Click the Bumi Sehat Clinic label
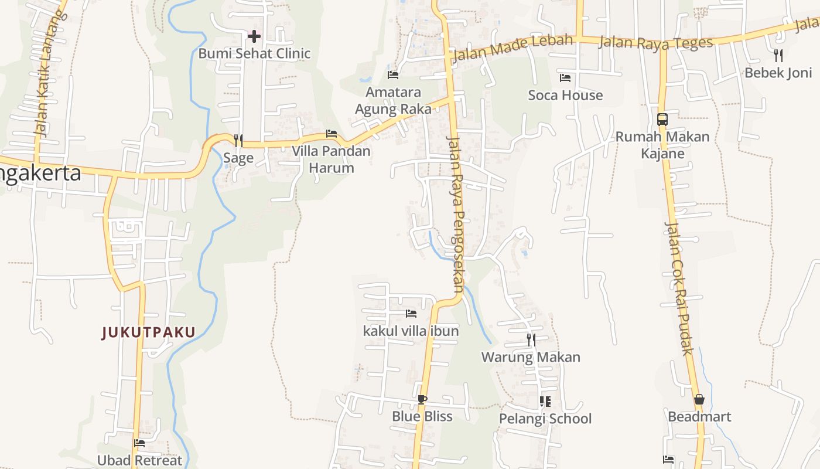pyautogui.click(x=254, y=53)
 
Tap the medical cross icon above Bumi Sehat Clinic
pyautogui.click(x=254, y=36)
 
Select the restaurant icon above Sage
pyautogui.click(x=238, y=140)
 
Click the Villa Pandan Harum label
pyautogui.click(x=332, y=159)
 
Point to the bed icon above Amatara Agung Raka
pyautogui.click(x=393, y=75)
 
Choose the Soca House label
pyautogui.click(x=565, y=95)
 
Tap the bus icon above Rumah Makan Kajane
pyautogui.click(x=662, y=120)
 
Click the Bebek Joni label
pyautogui.click(x=778, y=73)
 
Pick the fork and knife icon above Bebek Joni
pyautogui.click(x=778, y=56)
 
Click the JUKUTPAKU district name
pyautogui.click(x=149, y=333)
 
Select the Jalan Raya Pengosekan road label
pyautogui.click(x=455, y=213)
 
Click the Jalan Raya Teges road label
pyautogui.click(x=656, y=43)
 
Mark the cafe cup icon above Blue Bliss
pyautogui.click(x=422, y=400)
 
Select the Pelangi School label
pyautogui.click(x=545, y=419)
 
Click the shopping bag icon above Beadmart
pyautogui.click(x=699, y=400)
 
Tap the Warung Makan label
pyautogui.click(x=531, y=357)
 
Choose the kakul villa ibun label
pyautogui.click(x=411, y=331)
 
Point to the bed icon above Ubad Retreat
pyautogui.click(x=139, y=443)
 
